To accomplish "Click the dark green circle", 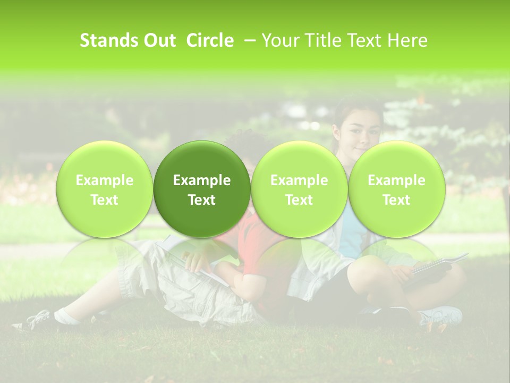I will tap(202, 189).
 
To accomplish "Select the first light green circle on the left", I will tap(104, 189).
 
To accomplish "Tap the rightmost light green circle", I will tap(396, 189).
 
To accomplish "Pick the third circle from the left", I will tap(299, 189).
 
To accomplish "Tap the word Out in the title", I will tap(159, 40).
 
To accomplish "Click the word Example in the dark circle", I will tap(202, 180).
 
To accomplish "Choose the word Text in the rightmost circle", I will tap(396, 200).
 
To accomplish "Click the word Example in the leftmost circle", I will tap(104, 180).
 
